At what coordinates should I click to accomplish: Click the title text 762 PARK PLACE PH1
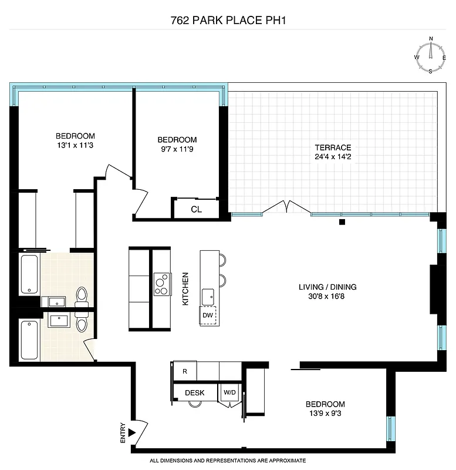pyautogui.click(x=228, y=20)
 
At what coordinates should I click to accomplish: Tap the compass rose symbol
pyautogui.click(x=431, y=56)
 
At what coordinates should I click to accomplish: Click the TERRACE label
pyautogui.click(x=332, y=147)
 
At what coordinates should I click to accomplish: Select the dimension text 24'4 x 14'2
pyautogui.click(x=332, y=157)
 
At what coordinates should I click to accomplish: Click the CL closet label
pyautogui.click(x=196, y=209)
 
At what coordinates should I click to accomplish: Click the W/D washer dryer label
pyautogui.click(x=229, y=392)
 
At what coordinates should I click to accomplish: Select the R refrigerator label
pyautogui.click(x=185, y=371)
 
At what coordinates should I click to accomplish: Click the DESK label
pyautogui.click(x=194, y=392)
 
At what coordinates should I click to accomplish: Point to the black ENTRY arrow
pyautogui.click(x=132, y=433)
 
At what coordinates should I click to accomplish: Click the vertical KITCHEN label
pyautogui.click(x=185, y=288)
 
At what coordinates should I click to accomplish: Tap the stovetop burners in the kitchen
pyautogui.click(x=161, y=284)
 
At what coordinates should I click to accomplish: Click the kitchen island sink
pyautogui.click(x=208, y=296)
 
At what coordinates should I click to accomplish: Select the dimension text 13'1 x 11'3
pyautogui.click(x=75, y=145)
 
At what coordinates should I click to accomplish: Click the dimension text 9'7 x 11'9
pyautogui.click(x=177, y=149)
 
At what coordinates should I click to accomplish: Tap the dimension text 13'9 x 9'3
pyautogui.click(x=325, y=414)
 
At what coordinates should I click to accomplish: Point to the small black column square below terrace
pyautogui.click(x=342, y=222)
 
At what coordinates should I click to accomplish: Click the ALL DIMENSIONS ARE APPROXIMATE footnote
pyautogui.click(x=228, y=461)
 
